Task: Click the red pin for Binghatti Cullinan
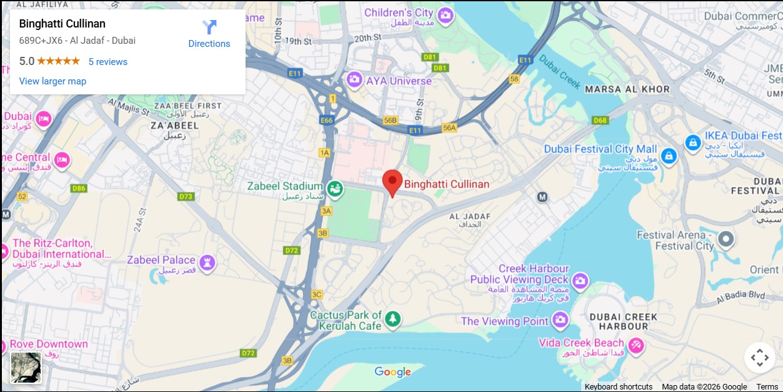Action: pyautogui.click(x=392, y=182)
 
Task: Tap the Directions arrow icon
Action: pyautogui.click(x=209, y=28)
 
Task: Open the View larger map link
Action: pyautogui.click(x=52, y=81)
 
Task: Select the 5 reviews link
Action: pyautogui.click(x=107, y=62)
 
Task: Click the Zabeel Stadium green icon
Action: pyautogui.click(x=335, y=188)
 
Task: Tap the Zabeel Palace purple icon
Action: pyautogui.click(x=207, y=262)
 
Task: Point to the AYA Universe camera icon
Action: pyautogui.click(x=354, y=79)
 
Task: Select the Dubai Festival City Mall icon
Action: pyautogui.click(x=669, y=156)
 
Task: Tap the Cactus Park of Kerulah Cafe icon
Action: pyautogui.click(x=392, y=319)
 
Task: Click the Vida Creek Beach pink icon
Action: pyautogui.click(x=636, y=345)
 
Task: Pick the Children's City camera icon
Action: pyautogui.click(x=445, y=15)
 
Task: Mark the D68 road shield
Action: pyautogui.click(x=600, y=120)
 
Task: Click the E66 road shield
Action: pyautogui.click(x=326, y=119)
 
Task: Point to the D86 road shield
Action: pyautogui.click(x=79, y=188)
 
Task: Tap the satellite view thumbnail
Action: pyautogui.click(x=26, y=368)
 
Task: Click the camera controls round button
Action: pyautogui.click(x=759, y=358)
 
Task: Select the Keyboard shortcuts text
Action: pyautogui.click(x=618, y=387)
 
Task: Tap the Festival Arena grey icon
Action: pyautogui.click(x=726, y=239)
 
